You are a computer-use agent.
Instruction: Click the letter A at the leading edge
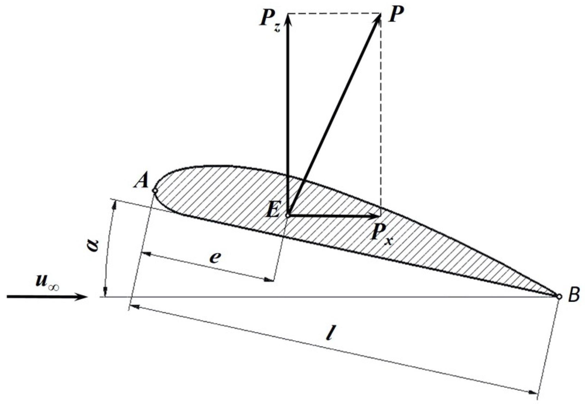141,181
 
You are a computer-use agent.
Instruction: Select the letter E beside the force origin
273,210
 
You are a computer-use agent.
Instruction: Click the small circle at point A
155,191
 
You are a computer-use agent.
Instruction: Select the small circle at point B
559,296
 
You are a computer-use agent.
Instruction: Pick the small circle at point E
287,215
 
